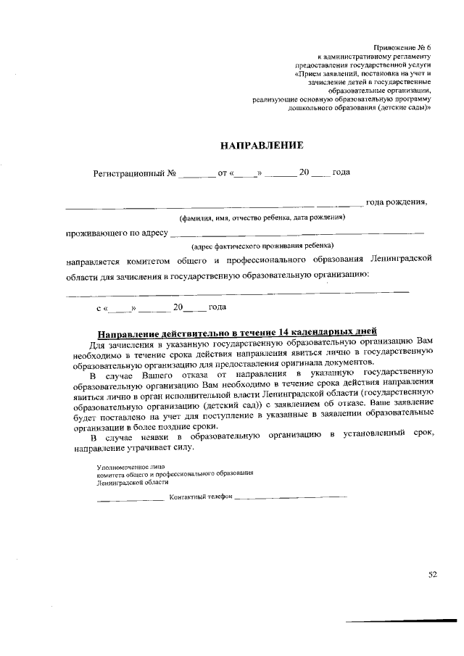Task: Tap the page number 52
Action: (x=433, y=576)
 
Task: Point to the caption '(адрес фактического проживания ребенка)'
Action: (x=257, y=246)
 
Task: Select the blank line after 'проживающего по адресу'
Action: (x=297, y=233)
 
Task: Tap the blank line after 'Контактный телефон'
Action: (x=291, y=497)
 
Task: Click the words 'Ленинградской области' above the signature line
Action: (x=128, y=481)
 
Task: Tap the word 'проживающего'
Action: (x=96, y=233)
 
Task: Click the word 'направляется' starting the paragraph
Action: (x=94, y=260)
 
